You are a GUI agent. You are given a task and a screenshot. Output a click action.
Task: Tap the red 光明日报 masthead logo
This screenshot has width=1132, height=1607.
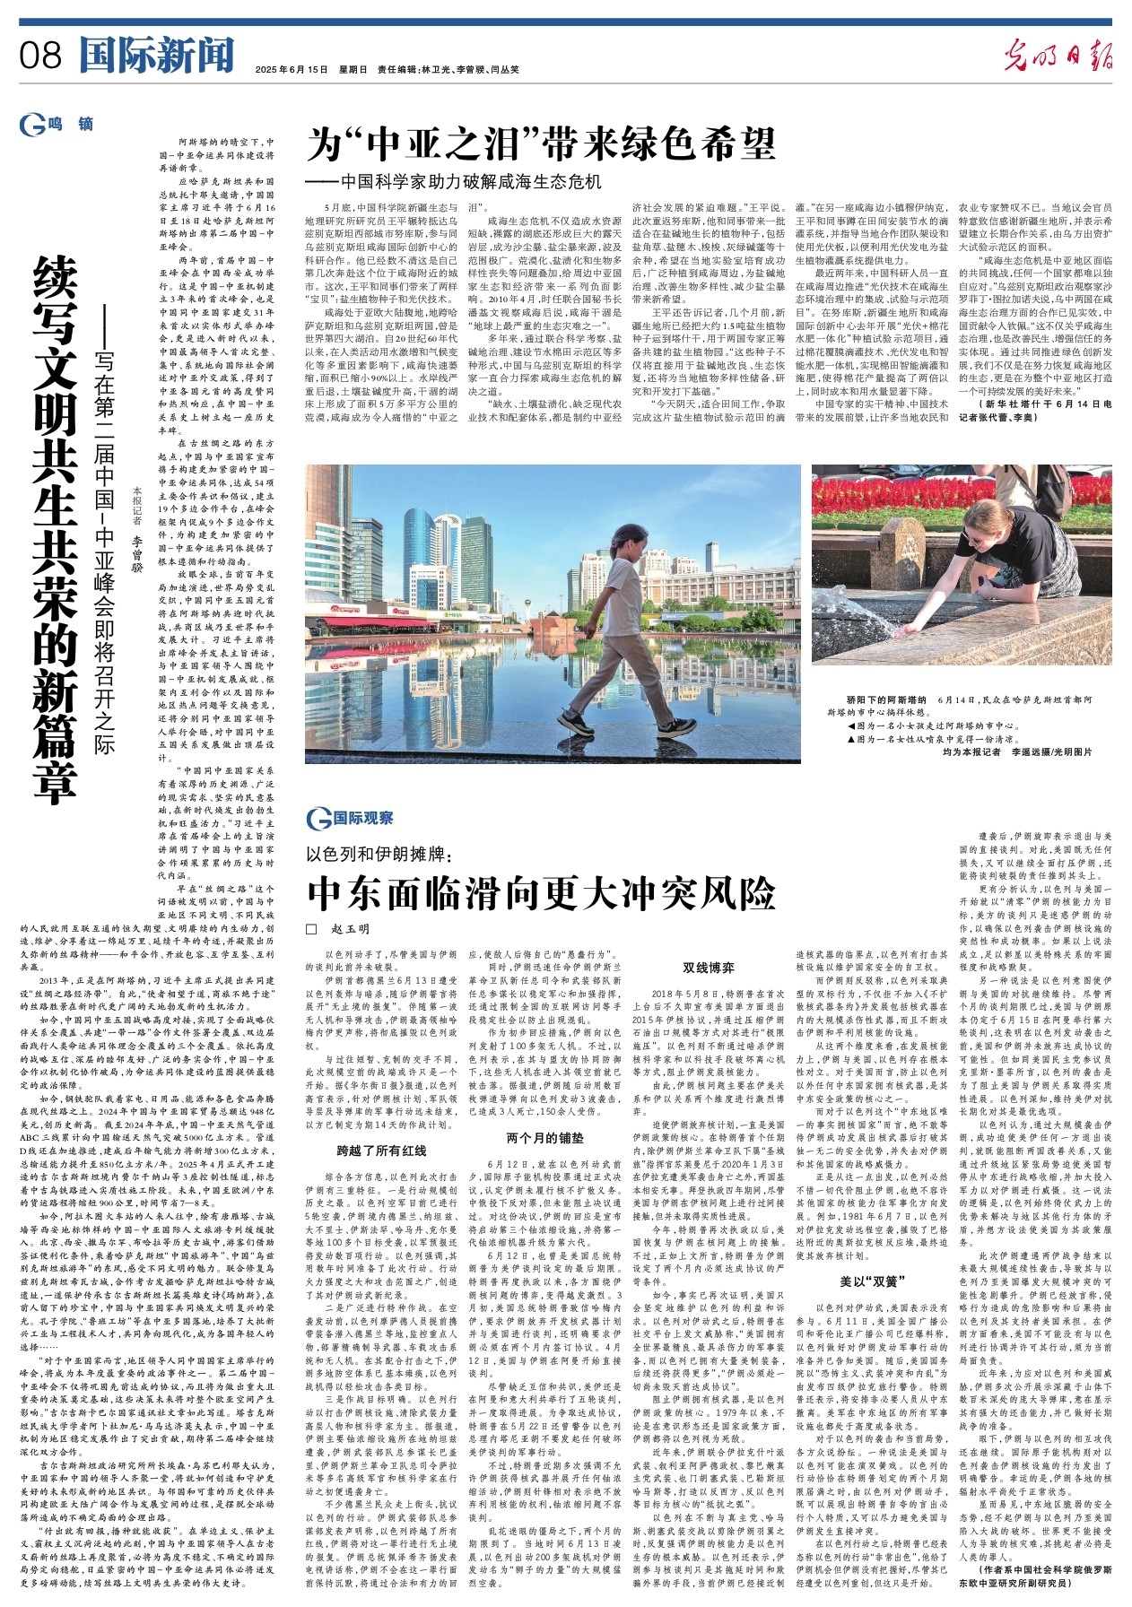[x=1058, y=56]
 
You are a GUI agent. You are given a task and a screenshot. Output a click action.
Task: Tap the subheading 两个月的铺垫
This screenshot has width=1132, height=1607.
[x=544, y=1137]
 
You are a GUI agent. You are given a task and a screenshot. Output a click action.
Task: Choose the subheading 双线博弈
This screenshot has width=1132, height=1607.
[x=708, y=968]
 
